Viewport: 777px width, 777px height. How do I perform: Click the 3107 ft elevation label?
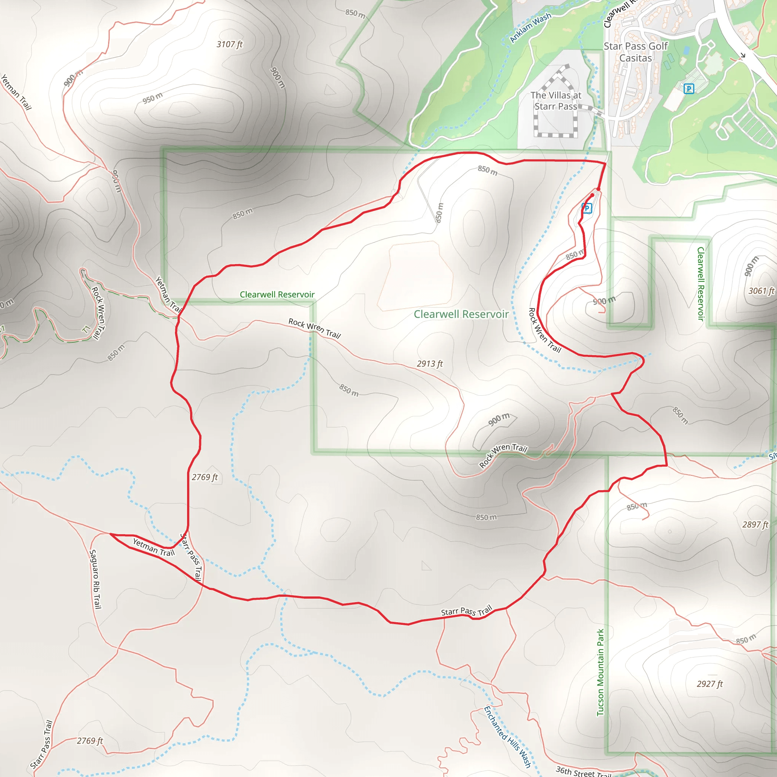tap(230, 44)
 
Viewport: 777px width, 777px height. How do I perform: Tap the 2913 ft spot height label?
tap(429, 363)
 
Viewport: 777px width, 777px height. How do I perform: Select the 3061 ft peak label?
tap(761, 291)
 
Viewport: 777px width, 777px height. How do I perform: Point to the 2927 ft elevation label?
tap(710, 684)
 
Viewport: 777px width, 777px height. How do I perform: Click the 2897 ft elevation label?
tap(755, 524)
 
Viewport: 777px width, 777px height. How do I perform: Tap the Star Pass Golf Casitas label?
tap(635, 52)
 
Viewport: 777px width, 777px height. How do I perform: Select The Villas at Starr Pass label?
tap(556, 101)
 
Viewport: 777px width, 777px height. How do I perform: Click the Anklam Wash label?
tap(530, 27)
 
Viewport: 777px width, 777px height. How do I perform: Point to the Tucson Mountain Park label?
tap(600, 672)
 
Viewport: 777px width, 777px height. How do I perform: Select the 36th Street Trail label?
tap(583, 772)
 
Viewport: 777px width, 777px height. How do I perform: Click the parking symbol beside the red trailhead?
tap(587, 208)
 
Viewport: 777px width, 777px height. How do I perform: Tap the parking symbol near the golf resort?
tap(689, 89)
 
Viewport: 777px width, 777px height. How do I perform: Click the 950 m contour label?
tap(153, 98)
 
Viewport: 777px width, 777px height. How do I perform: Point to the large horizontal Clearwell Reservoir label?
tap(461, 314)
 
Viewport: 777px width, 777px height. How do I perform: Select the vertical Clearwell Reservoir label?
tap(701, 284)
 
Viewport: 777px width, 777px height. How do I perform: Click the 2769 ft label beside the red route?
tap(205, 477)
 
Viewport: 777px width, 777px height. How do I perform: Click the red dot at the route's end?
tap(598, 189)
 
